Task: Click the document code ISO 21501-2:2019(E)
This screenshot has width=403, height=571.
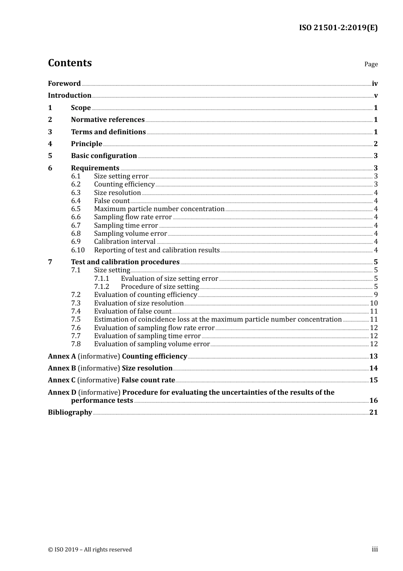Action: [338, 28]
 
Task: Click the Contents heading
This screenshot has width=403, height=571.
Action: [70, 63]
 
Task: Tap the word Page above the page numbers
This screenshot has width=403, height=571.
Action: [371, 64]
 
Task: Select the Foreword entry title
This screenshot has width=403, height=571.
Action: [64, 84]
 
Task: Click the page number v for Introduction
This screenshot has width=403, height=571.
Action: [375, 96]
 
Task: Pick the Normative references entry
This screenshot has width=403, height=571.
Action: [108, 120]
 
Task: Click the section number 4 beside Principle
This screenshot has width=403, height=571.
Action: [50, 144]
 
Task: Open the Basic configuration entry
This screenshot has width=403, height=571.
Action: [104, 156]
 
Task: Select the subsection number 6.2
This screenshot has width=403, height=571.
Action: [76, 184]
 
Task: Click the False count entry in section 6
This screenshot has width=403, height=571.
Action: [112, 201]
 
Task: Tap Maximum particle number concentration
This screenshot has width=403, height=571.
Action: [159, 209]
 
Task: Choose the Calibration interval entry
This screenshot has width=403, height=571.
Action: [125, 242]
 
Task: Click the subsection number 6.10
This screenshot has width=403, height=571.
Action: [78, 250]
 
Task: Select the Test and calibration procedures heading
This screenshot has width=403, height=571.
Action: [125, 262]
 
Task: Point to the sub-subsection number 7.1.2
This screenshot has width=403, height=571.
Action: [102, 287]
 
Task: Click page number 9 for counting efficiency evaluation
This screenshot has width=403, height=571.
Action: [375, 295]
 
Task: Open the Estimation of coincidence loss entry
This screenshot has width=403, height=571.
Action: [218, 319]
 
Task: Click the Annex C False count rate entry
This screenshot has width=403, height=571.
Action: [112, 380]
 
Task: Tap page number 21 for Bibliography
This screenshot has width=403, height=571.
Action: [373, 413]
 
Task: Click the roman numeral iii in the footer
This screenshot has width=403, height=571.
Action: [375, 549]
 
